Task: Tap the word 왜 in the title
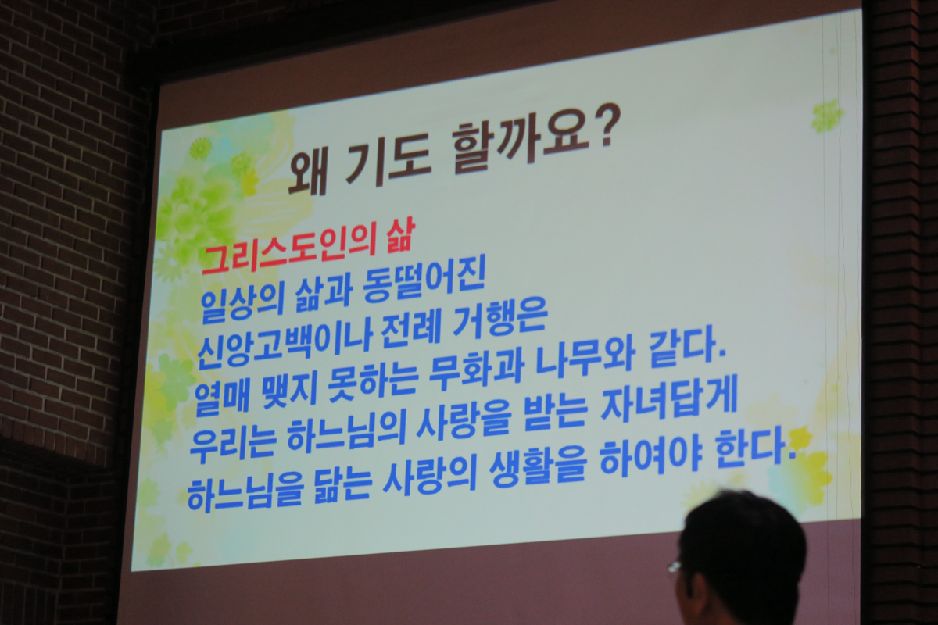pos(306,173)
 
